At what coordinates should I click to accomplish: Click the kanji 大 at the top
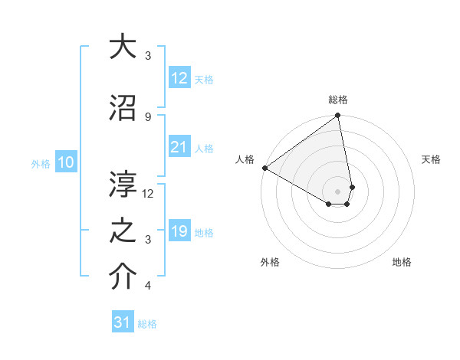click(x=123, y=47)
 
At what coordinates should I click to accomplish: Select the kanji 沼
click(x=123, y=107)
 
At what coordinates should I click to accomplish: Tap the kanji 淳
click(x=123, y=184)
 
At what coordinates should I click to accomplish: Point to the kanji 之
click(x=123, y=231)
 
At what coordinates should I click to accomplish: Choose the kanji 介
click(x=123, y=277)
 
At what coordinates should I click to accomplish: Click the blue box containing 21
click(x=179, y=148)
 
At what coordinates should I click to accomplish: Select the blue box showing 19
click(x=179, y=232)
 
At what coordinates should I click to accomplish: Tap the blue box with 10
click(x=65, y=162)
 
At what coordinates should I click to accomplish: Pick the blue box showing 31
click(x=123, y=322)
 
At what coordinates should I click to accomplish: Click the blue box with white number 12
click(x=179, y=78)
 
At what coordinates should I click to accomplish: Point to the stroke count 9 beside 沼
click(x=148, y=116)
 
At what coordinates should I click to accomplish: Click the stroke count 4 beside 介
click(x=148, y=286)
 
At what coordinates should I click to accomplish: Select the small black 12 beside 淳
click(x=149, y=194)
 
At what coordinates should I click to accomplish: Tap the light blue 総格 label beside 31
click(x=147, y=324)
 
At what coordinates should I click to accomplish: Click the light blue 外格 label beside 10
click(x=40, y=163)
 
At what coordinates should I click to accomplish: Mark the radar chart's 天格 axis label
click(x=432, y=159)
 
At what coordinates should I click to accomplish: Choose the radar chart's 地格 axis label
click(x=402, y=262)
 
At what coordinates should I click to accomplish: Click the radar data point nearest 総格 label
click(x=337, y=116)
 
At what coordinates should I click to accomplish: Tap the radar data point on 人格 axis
click(x=264, y=168)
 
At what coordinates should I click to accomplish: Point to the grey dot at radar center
click(x=337, y=191)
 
